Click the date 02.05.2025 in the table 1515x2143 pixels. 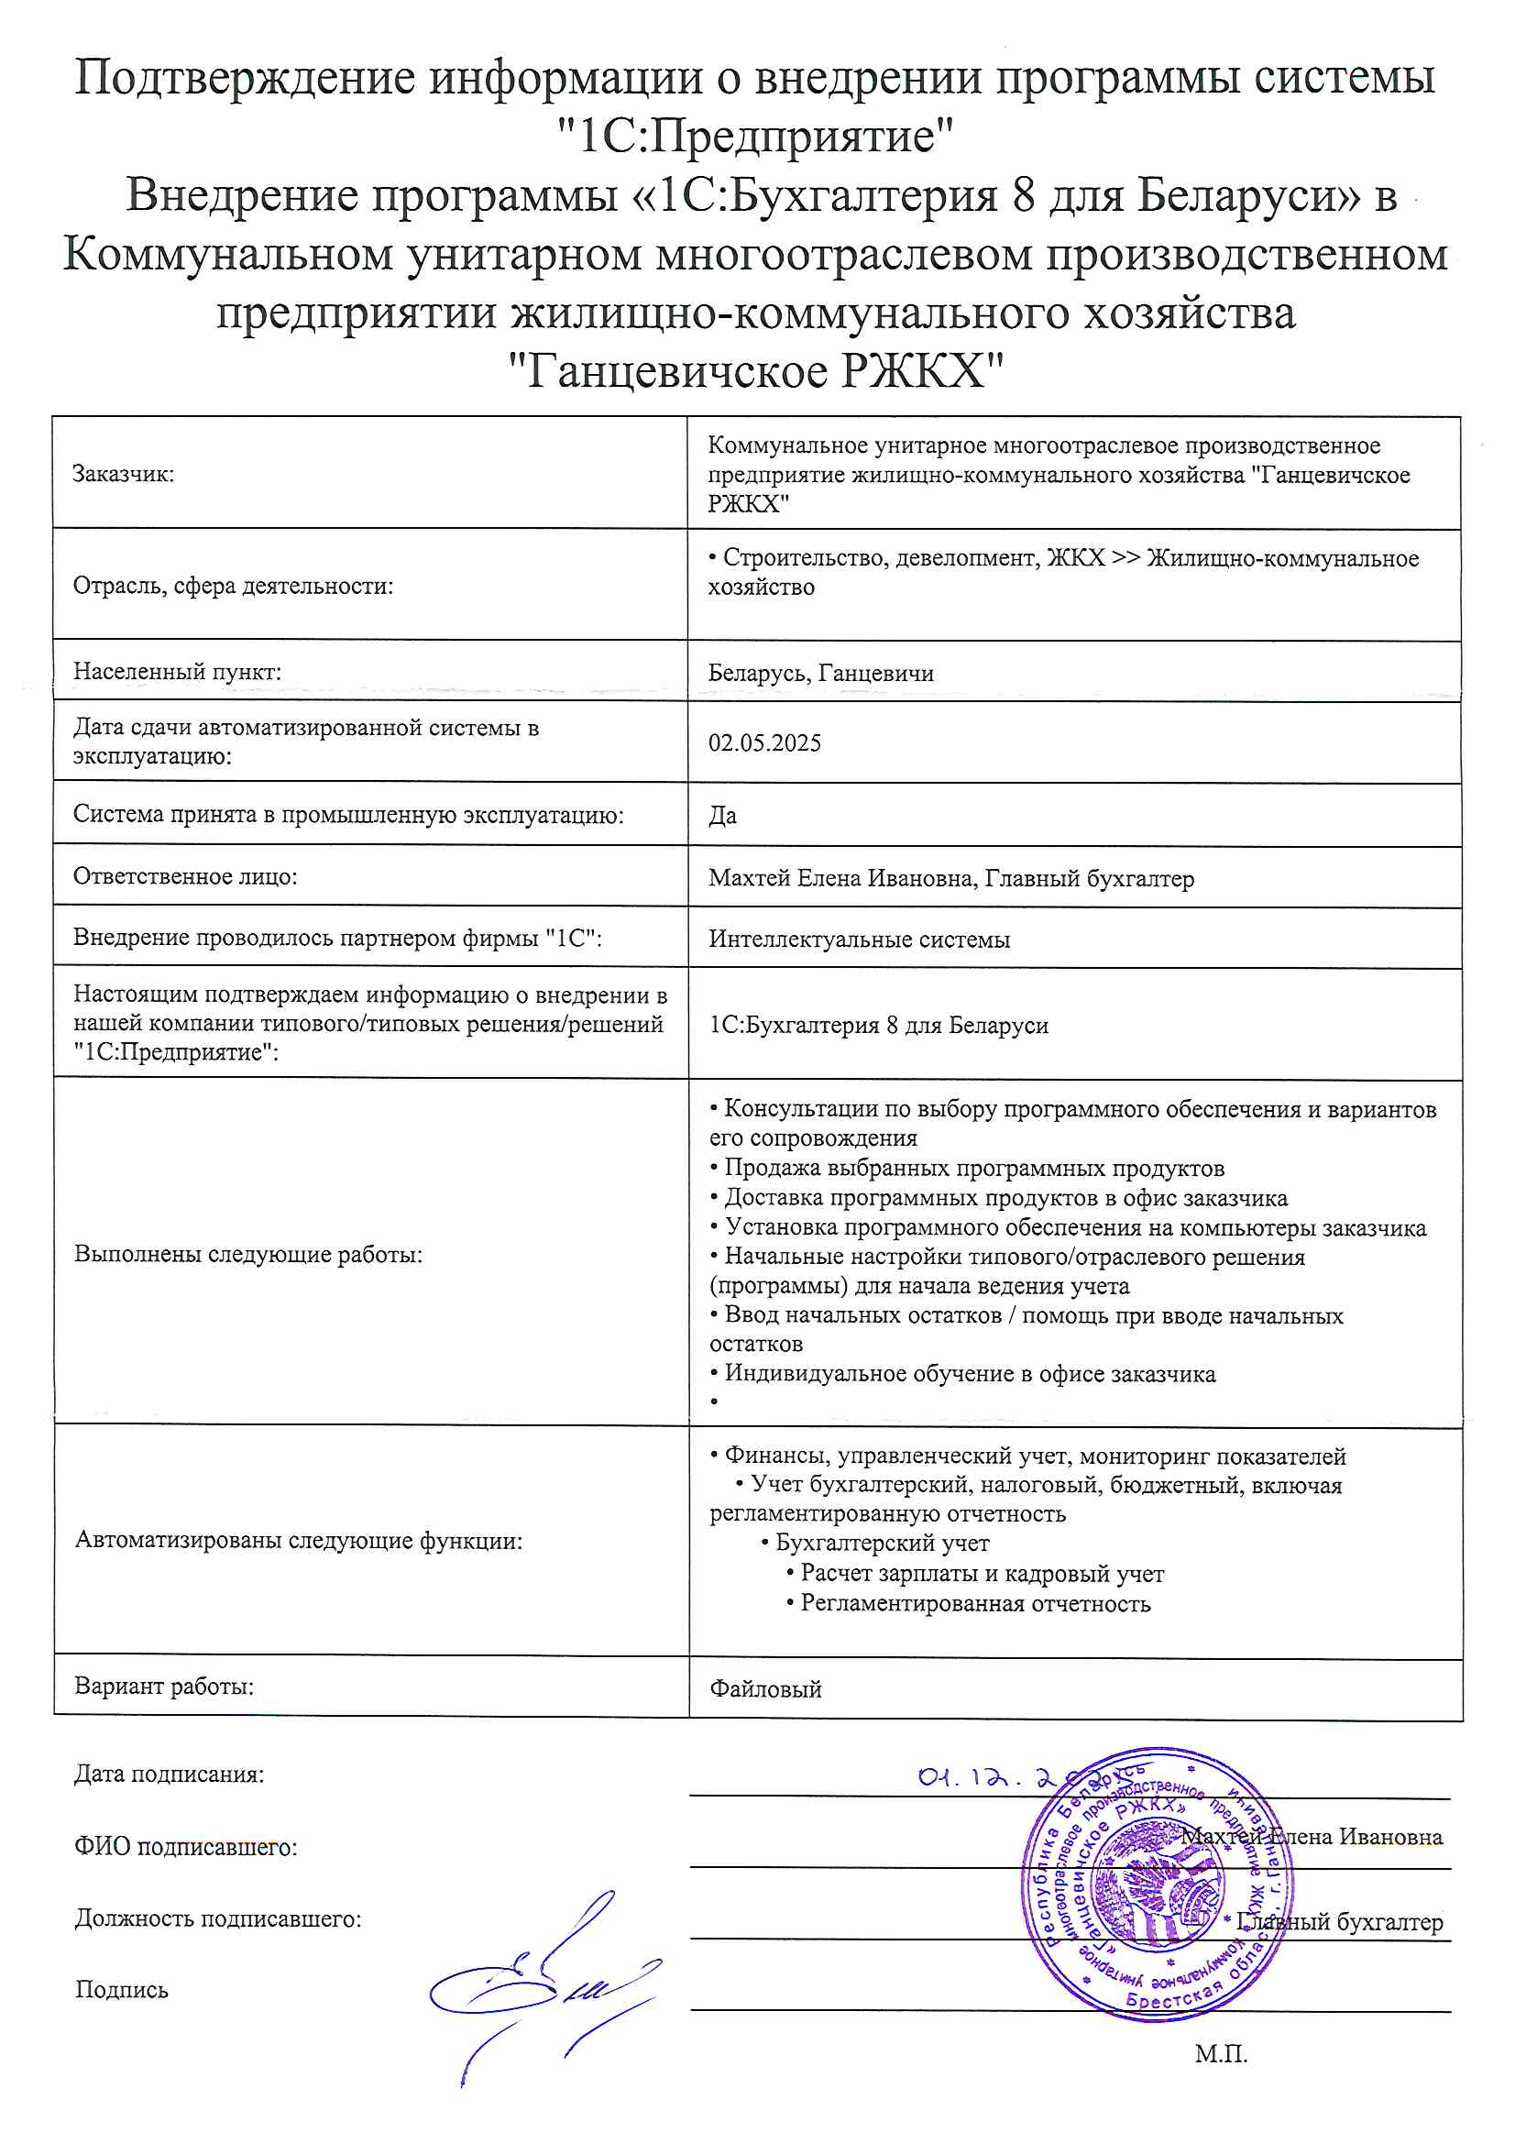(764, 743)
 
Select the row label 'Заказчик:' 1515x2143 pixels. (123, 474)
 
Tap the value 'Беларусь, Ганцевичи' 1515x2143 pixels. (820, 673)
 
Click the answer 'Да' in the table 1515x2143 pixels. (722, 816)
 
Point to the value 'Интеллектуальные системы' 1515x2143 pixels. (859, 939)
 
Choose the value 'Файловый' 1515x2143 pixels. (765, 1688)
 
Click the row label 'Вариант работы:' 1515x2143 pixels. (164, 1687)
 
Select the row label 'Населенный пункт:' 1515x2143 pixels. (178, 671)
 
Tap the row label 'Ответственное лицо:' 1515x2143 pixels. (185, 876)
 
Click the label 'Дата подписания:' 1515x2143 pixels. (169, 1775)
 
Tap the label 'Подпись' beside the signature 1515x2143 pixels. (121, 1990)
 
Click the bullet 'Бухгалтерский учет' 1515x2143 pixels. (882, 1543)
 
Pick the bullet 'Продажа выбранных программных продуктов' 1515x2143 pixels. (973, 1169)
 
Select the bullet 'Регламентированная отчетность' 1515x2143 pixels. (975, 1603)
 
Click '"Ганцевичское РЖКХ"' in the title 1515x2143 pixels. (756, 370)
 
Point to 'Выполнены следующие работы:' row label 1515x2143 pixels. (248, 1255)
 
